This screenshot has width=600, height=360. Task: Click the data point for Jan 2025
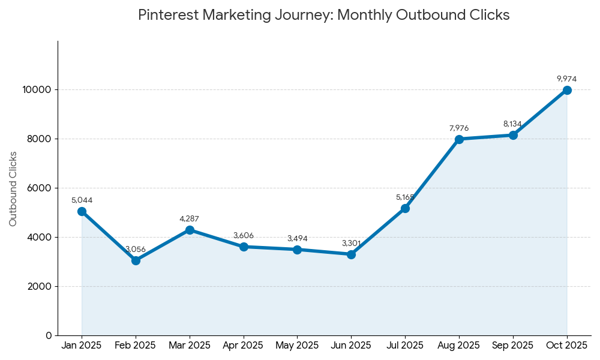coord(82,211)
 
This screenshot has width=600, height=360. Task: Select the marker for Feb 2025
coord(136,260)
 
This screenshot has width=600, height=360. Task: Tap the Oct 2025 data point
coord(567,90)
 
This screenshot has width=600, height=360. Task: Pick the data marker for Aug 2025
coord(459,139)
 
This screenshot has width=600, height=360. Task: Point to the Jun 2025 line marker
coord(351,254)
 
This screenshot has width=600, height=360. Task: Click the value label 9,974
coord(567,79)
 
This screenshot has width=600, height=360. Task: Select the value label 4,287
coord(189,219)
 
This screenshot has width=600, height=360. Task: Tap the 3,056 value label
coord(136,250)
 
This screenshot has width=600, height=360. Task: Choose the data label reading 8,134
coord(512,124)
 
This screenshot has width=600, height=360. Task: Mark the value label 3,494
coord(297,239)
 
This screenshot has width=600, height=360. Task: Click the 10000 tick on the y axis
coord(37,90)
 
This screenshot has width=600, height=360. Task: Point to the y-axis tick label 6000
coord(40,188)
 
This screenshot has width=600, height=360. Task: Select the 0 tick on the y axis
coord(49,335)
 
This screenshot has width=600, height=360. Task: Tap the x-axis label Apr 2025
coord(243,346)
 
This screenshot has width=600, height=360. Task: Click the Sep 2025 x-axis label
coord(512,346)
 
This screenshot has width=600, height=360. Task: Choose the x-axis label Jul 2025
coord(405,346)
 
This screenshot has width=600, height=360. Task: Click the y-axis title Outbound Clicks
coord(13,188)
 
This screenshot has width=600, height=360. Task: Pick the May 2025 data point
coord(297,250)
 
